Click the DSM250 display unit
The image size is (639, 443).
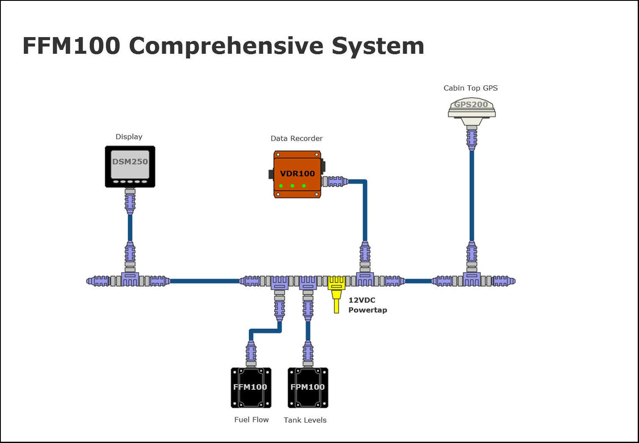(130, 166)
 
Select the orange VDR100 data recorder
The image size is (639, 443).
(297, 174)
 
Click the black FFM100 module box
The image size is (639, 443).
(251, 388)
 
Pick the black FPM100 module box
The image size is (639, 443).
(308, 388)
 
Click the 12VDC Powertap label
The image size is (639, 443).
(367, 305)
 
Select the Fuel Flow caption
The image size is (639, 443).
(251, 420)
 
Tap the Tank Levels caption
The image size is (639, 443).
(305, 420)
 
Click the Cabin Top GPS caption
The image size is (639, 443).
(470, 88)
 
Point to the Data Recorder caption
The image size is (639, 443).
(296, 138)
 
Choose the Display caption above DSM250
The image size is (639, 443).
(129, 137)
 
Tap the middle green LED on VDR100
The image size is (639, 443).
(292, 186)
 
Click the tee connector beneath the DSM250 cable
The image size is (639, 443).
(130, 279)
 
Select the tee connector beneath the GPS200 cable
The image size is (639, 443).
(471, 279)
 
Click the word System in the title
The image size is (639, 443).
(377, 46)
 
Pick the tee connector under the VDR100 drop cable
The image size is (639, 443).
(365, 279)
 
